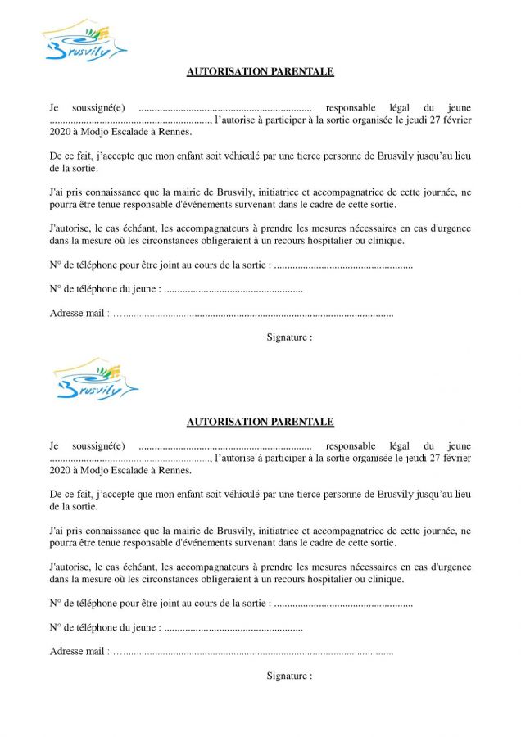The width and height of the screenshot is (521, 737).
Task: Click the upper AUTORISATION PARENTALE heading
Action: point(260,71)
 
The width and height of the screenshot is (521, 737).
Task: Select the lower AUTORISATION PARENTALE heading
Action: point(260,423)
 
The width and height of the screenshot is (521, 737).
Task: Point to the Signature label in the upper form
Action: point(289,337)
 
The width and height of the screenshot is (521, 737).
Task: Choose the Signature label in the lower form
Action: point(289,676)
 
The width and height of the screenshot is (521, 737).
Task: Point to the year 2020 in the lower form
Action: point(61,471)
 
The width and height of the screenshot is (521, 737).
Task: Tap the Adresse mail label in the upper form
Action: point(78,313)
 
